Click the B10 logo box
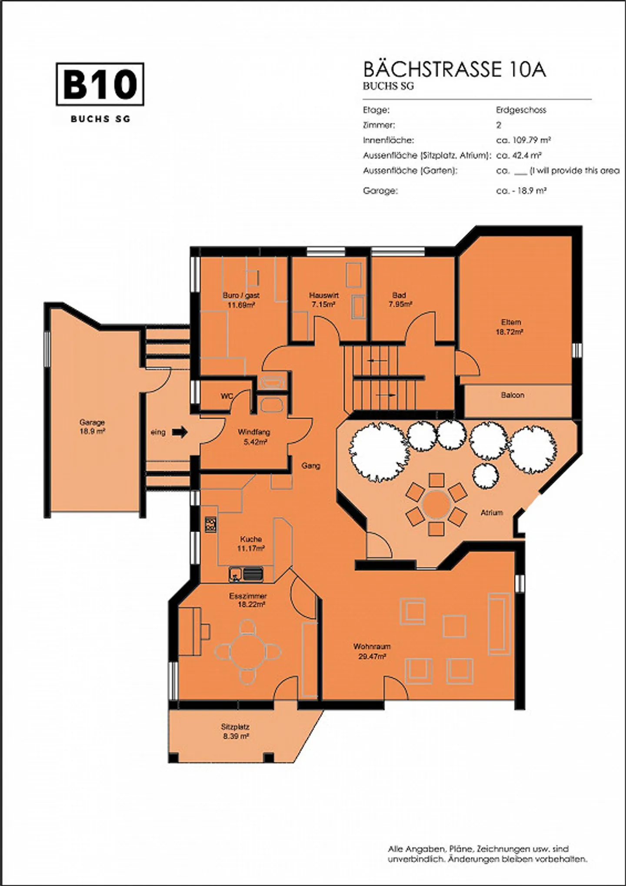click(x=100, y=84)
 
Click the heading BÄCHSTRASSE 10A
click(x=454, y=70)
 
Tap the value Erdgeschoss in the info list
click(x=521, y=110)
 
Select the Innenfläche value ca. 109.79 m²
click(x=524, y=140)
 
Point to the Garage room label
click(x=92, y=427)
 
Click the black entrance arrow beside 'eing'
click(x=180, y=432)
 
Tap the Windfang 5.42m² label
click(x=254, y=437)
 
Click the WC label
click(x=226, y=396)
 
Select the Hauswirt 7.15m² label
click(x=324, y=300)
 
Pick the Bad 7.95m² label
click(x=400, y=300)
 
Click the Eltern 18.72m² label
click(x=511, y=327)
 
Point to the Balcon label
click(x=513, y=395)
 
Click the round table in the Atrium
click(x=436, y=504)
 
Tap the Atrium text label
click(x=492, y=513)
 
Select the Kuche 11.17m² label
click(x=251, y=544)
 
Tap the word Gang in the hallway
click(x=311, y=466)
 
